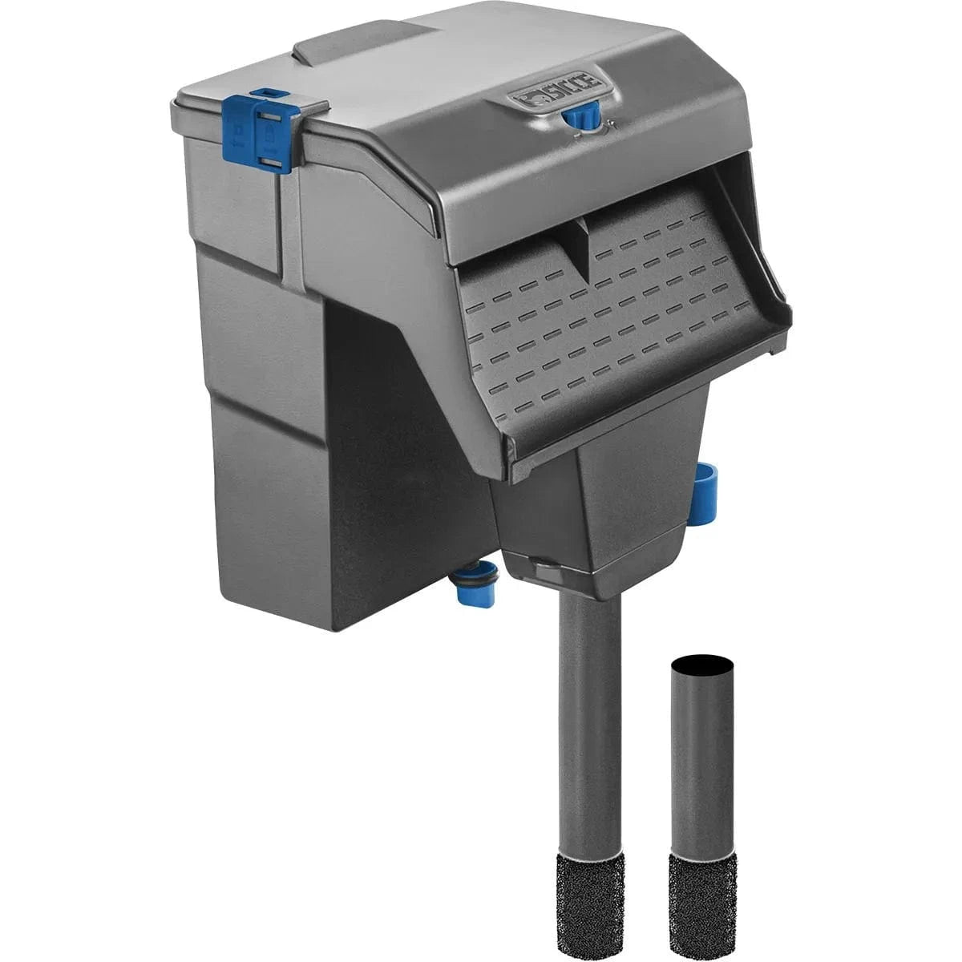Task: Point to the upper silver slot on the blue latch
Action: tap(272, 116)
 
